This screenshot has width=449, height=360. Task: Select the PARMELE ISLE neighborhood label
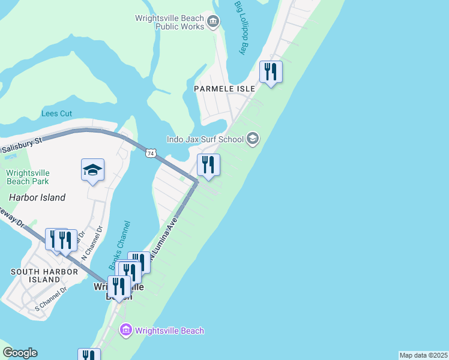tap(224, 88)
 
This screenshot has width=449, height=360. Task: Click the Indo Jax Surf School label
tap(205, 139)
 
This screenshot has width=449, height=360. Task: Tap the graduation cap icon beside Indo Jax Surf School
tap(253, 139)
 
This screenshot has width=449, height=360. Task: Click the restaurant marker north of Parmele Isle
tap(271, 73)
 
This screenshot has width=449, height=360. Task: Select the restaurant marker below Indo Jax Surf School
tap(208, 165)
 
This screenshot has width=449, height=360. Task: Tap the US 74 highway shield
tap(151, 153)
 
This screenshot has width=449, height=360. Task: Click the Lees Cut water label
tap(56, 113)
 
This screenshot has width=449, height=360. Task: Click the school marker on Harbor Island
tap(93, 170)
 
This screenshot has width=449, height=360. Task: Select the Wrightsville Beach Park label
tap(28, 177)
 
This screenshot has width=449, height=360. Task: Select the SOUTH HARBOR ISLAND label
tap(44, 276)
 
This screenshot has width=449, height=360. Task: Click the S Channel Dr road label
tap(51, 298)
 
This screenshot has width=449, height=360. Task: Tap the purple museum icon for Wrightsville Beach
tap(125, 331)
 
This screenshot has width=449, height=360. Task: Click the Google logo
tap(20, 353)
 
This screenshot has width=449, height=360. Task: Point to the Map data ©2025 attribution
tap(424, 355)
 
